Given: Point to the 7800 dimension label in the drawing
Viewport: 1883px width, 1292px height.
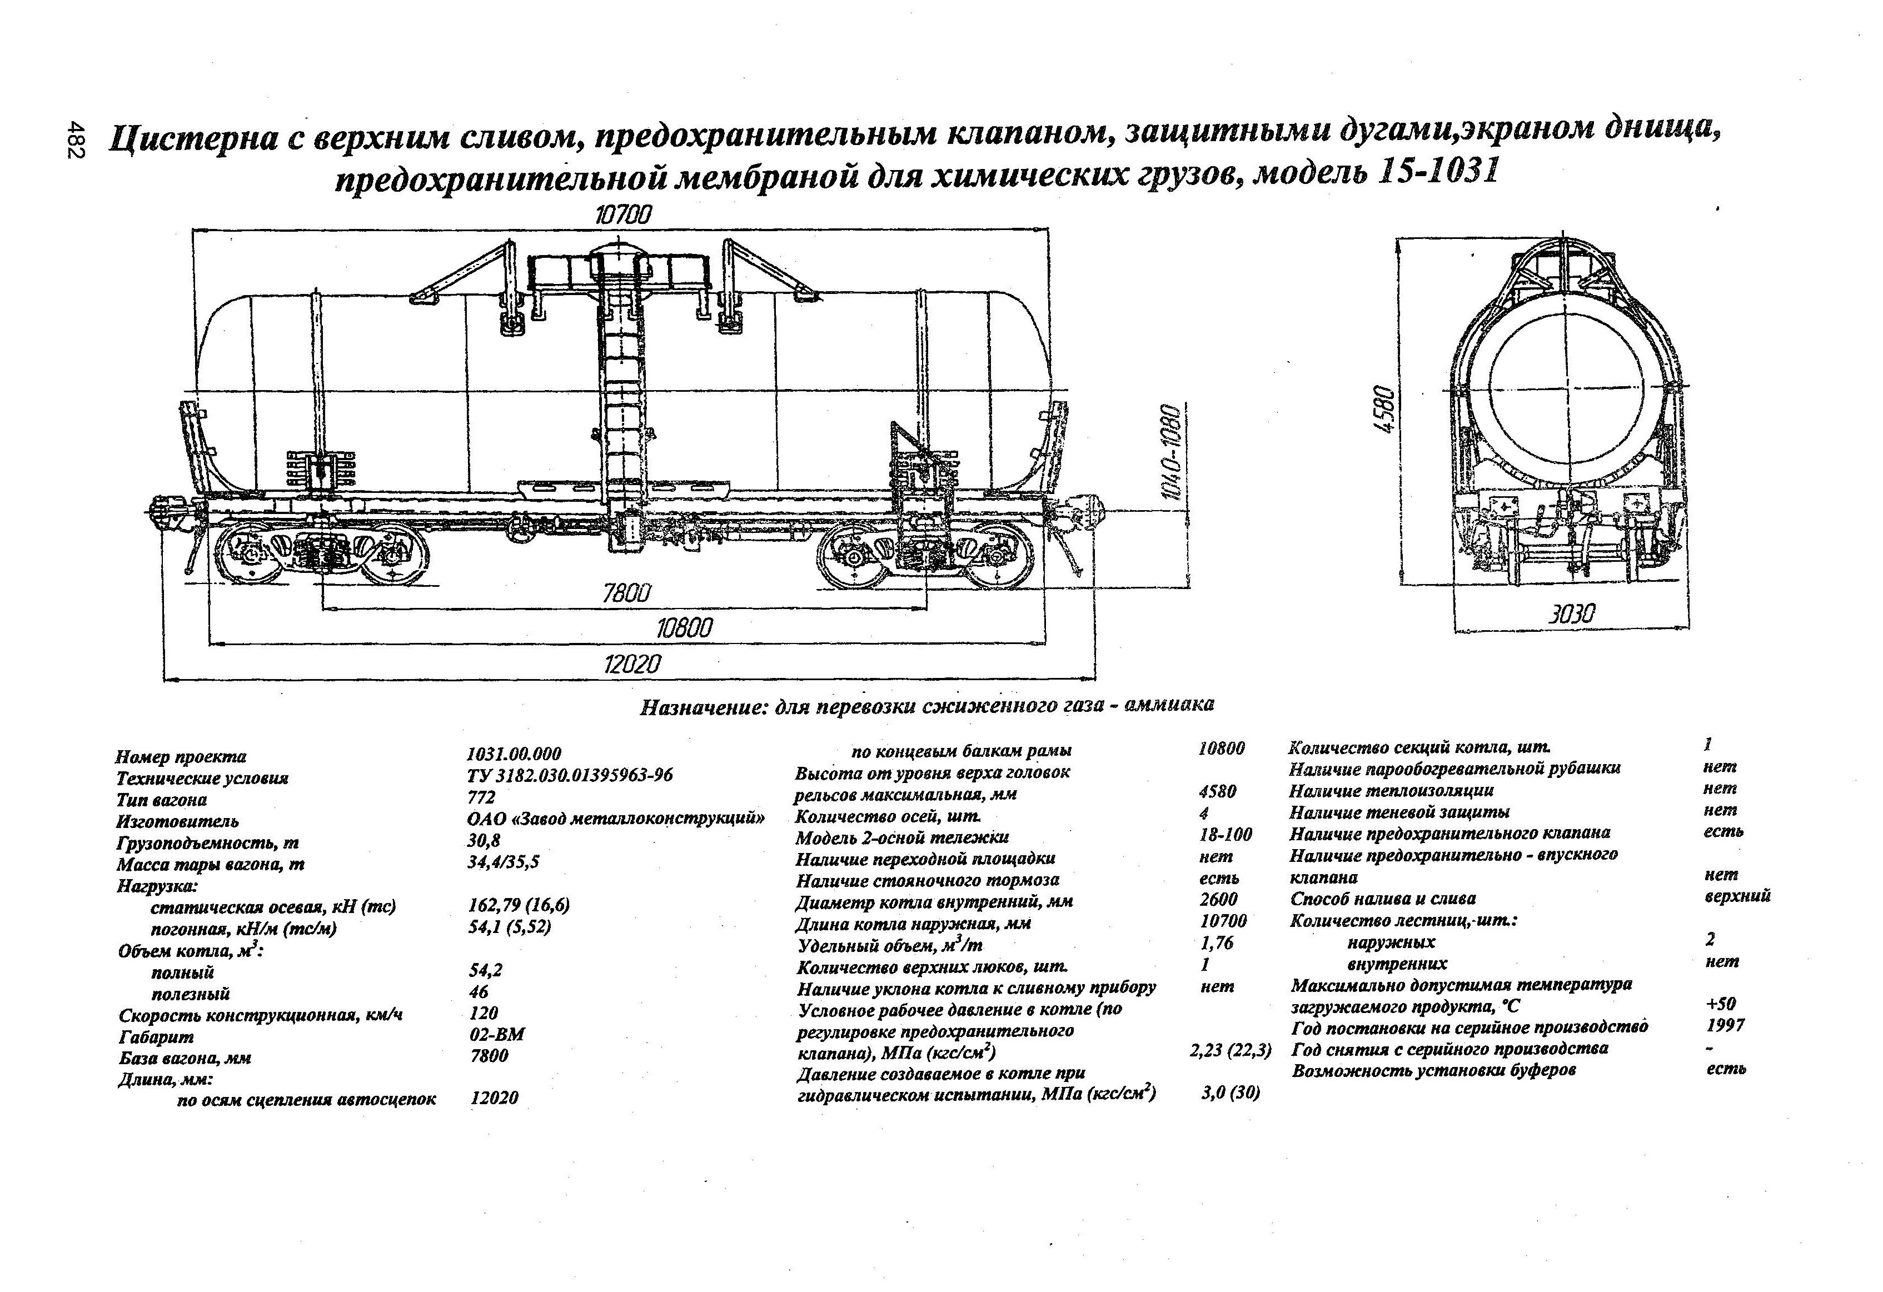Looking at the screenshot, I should (x=626, y=593).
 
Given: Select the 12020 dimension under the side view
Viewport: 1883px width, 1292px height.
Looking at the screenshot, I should (x=632, y=664).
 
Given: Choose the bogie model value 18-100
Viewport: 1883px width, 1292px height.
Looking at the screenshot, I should (x=1225, y=834).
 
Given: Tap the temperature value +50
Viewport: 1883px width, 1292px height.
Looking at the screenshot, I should (x=1720, y=1005).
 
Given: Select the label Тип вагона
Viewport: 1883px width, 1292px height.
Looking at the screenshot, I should (x=161, y=800).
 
